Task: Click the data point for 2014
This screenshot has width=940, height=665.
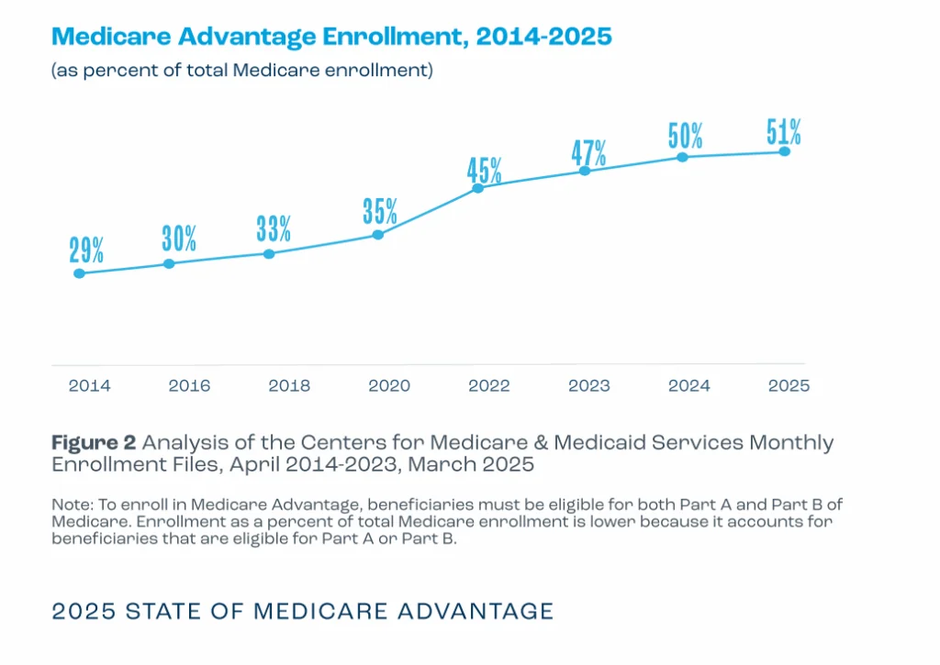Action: point(79,273)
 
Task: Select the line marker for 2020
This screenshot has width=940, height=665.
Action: point(377,235)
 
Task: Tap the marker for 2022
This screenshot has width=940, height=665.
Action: point(477,188)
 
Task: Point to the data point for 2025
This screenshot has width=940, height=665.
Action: point(784,151)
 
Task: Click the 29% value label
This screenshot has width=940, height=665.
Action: point(86,249)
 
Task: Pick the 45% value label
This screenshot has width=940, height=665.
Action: point(485,171)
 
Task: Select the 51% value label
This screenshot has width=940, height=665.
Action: point(784,132)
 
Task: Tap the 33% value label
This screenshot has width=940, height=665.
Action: point(274,228)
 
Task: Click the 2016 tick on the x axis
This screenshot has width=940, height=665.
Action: point(189,385)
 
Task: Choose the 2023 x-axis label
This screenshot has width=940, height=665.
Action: point(589,385)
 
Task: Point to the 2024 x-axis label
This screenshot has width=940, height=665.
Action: point(689,385)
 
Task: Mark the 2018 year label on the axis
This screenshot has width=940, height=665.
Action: point(289,385)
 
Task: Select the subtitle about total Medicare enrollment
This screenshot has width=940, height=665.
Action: point(242,70)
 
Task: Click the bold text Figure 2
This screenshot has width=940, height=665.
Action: point(94,443)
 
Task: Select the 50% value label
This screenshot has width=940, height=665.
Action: point(685,136)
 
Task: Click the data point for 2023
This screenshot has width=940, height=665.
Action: point(585,171)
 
